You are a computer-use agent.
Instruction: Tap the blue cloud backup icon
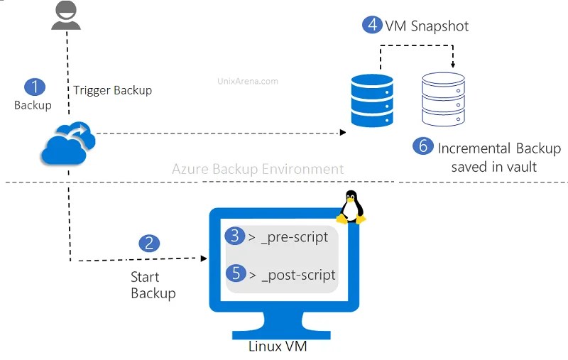[68, 143]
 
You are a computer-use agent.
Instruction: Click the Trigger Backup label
[112, 90]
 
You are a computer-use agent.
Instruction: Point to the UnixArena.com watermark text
[246, 81]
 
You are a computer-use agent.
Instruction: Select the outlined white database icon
[442, 99]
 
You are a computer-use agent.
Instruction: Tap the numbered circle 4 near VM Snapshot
[371, 25]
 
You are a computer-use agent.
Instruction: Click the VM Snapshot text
[427, 26]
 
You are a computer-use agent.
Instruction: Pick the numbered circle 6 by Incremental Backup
[423, 146]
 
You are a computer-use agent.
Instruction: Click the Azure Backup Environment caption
[258, 169]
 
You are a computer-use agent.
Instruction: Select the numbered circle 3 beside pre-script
[234, 236]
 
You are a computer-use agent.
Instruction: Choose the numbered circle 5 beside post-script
[234, 273]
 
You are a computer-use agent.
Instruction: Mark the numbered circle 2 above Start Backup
[148, 243]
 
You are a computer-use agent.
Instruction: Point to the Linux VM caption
[278, 347]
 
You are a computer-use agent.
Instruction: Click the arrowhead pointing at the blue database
[343, 133]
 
